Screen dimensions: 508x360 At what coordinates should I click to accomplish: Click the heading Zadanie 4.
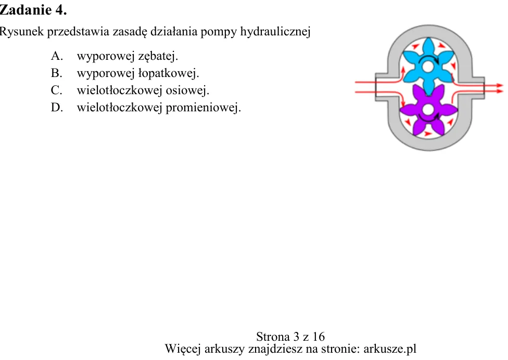point(33,10)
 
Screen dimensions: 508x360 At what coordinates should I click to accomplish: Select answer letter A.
point(57,56)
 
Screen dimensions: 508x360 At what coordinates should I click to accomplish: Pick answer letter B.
point(56,73)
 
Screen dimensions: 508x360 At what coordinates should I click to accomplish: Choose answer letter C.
point(56,90)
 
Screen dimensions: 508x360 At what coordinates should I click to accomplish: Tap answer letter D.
point(57,107)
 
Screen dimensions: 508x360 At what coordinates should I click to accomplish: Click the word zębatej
point(158,56)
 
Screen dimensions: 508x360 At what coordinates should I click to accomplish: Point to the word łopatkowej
point(169,73)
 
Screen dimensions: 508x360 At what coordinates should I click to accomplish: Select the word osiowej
point(187,91)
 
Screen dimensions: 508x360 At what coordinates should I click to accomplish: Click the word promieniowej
point(204,108)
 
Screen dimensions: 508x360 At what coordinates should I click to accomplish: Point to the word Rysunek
point(21,32)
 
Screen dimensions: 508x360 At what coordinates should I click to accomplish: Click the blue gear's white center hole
point(428,67)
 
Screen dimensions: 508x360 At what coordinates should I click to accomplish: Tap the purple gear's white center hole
point(428,110)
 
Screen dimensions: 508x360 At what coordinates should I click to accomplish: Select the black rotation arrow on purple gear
point(428,119)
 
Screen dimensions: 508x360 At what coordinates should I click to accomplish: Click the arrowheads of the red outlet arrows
point(500,88)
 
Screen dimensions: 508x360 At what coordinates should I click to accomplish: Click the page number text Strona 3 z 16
point(290,337)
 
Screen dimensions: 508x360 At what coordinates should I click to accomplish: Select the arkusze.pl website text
point(390,349)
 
